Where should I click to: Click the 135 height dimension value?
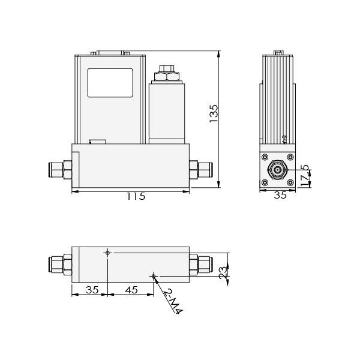point(214,113)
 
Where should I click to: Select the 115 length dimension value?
point(136,196)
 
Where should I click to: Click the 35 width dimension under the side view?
point(280,195)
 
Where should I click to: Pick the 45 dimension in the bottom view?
point(131,289)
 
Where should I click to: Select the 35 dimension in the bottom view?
point(91,289)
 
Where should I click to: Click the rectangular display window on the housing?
point(110,82)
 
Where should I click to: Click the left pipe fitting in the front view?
point(60,170)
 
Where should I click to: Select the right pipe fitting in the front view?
point(201,169)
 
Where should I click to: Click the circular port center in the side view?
point(278,170)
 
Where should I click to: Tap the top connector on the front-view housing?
point(109,53)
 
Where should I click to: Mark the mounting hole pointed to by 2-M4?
point(154,276)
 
